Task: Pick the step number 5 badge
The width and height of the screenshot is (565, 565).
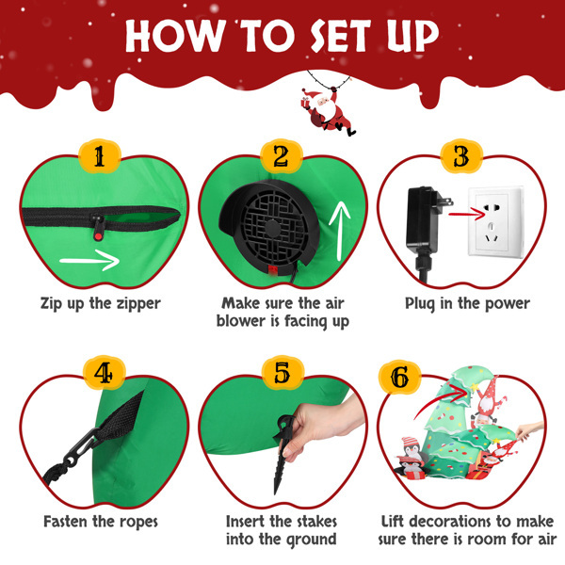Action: coord(282,374)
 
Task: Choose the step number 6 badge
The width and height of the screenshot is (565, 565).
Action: coord(400,377)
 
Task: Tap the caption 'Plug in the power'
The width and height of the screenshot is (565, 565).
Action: coord(467,303)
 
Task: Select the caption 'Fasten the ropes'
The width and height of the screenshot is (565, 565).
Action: coord(101,521)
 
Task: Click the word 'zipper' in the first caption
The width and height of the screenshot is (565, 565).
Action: coord(133,303)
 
